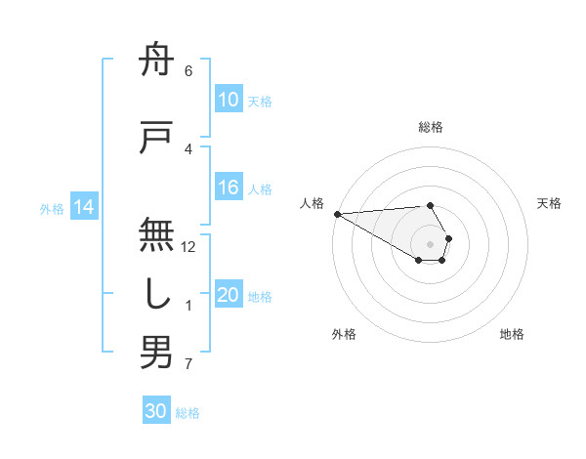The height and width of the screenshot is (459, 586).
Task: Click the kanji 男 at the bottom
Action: point(156,352)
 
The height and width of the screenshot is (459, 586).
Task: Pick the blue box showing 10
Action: point(228,101)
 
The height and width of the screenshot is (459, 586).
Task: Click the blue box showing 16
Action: point(228,188)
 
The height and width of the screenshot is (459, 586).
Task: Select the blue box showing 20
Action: point(228,296)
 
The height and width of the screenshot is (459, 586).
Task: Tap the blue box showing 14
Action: point(84,207)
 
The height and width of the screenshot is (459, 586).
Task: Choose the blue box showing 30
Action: point(156,411)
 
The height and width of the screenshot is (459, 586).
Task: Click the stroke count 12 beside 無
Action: point(188,246)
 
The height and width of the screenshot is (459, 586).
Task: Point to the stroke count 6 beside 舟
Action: point(188,71)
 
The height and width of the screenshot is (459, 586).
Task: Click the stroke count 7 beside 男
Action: point(188,365)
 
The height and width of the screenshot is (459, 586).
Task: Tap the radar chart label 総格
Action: point(431,127)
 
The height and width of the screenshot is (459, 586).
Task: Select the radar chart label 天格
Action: point(550,203)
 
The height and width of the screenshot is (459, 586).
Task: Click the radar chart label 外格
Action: point(344,334)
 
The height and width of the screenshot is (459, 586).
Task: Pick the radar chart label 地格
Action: point(512,334)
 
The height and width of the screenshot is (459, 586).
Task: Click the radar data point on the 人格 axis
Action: point(337,214)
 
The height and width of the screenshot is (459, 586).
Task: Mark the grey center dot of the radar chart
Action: point(431,243)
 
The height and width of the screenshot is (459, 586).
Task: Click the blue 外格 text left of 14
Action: point(51,208)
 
